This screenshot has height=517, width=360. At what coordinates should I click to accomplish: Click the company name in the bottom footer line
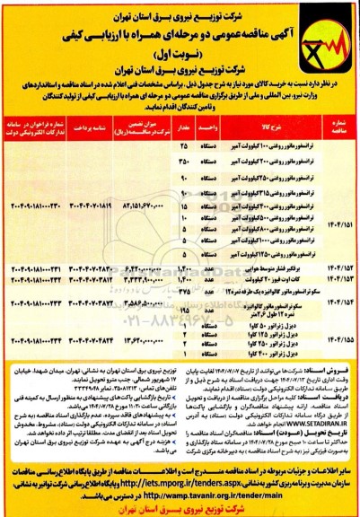click(180, 509)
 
